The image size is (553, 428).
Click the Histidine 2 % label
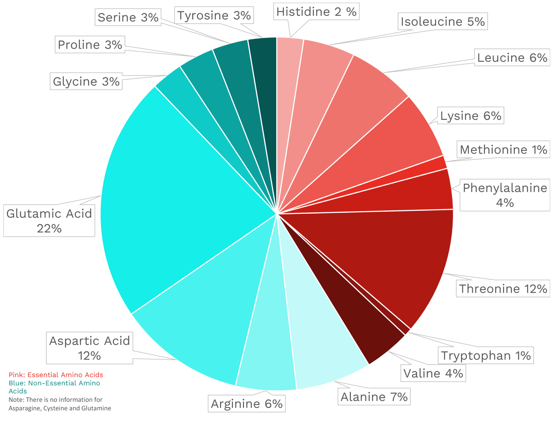pos(316,12)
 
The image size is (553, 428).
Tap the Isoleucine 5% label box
pos(443,21)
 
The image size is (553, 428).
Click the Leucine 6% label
pos(512,57)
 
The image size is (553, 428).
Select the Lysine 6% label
pos(470,115)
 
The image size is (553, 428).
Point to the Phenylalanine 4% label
pos(505,195)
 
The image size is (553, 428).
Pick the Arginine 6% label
pos(247,404)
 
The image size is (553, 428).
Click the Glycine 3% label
pos(86,81)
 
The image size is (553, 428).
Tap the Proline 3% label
pos(90,45)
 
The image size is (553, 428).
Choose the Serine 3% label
pos(128,17)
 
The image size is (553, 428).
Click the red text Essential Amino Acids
pos(65,375)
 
